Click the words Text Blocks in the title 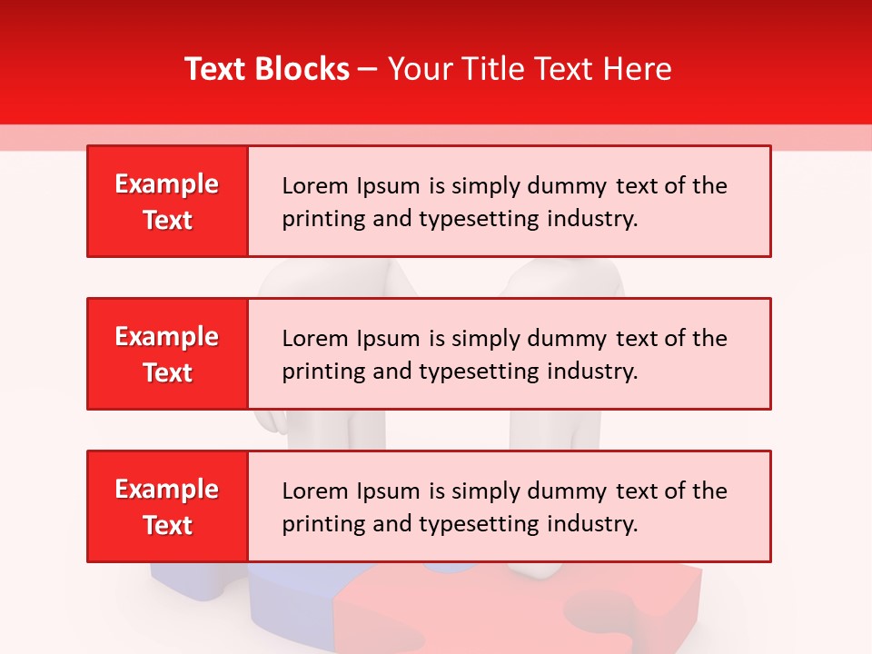pyautogui.click(x=267, y=69)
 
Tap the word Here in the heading pyautogui.click(x=637, y=69)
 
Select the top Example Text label pyautogui.click(x=167, y=202)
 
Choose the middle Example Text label pyautogui.click(x=167, y=354)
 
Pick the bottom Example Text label pyautogui.click(x=167, y=507)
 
